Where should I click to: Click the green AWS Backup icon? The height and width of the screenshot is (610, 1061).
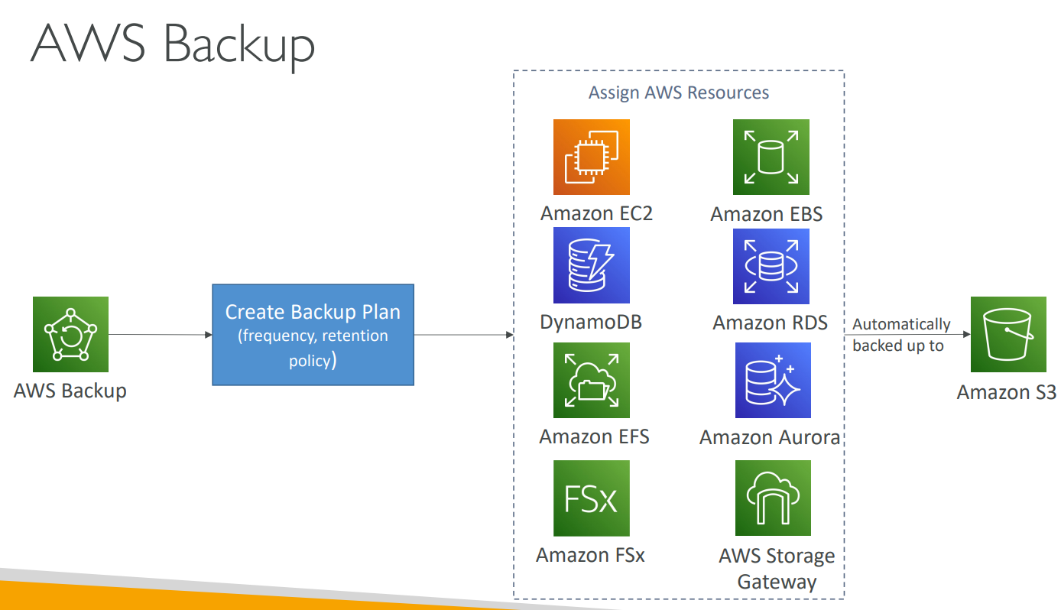coord(70,334)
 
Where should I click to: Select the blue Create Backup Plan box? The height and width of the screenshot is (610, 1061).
coord(313,335)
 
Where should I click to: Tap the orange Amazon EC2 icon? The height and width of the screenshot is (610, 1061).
coord(591,157)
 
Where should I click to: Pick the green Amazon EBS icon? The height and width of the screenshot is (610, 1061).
coord(771,157)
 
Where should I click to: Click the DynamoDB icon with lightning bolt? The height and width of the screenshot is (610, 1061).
coord(591,265)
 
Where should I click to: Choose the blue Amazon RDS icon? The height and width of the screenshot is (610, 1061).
coord(771,266)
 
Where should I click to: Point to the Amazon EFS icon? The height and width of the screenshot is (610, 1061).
coord(591,380)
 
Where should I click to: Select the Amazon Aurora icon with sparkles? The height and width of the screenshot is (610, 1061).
coord(772,380)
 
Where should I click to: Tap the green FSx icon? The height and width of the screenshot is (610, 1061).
coord(591,498)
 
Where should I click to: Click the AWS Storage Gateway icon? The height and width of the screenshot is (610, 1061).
coord(772,498)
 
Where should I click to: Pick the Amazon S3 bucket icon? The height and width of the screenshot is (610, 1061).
coord(1007,335)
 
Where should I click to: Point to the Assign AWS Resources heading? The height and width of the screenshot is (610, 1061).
coord(679,92)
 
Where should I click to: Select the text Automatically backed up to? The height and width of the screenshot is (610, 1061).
coord(901,335)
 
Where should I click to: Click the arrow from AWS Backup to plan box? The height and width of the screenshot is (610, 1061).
coord(160,335)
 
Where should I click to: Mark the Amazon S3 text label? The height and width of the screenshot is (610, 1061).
coord(1006,392)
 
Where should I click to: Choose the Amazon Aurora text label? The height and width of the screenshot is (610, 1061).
coord(770,437)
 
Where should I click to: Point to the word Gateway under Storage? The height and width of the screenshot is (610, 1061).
coord(777,581)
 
